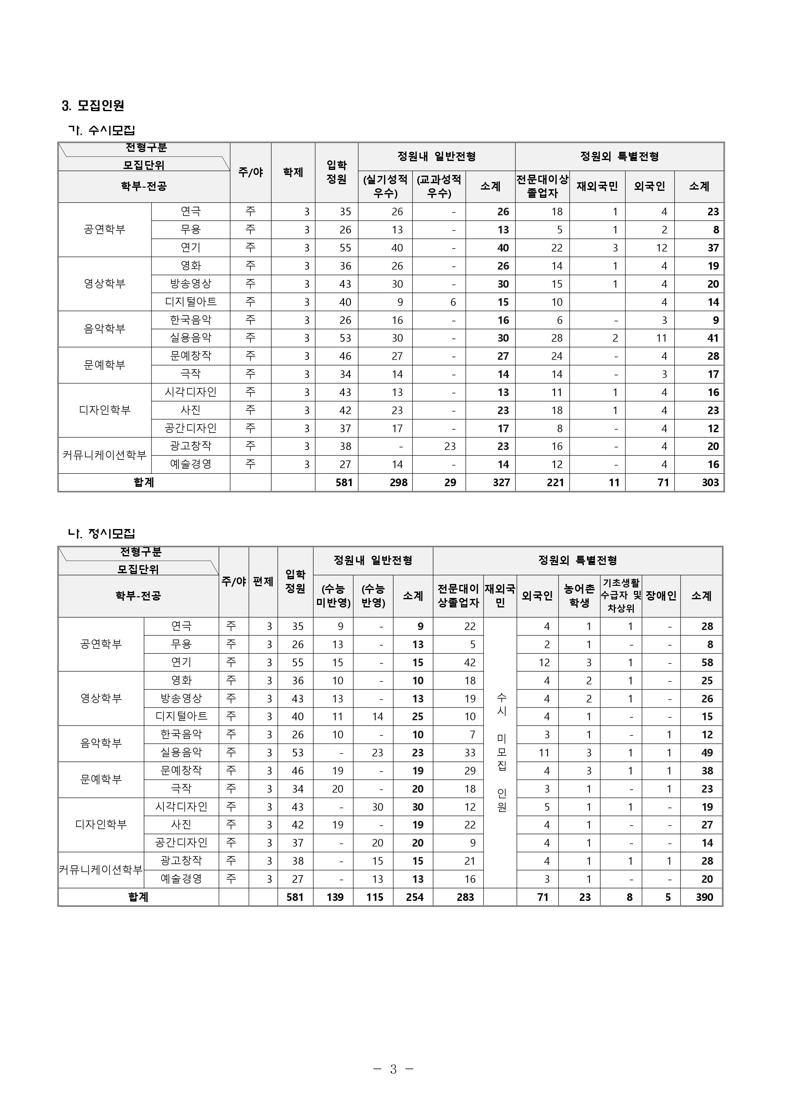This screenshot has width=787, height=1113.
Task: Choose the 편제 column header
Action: tap(263, 581)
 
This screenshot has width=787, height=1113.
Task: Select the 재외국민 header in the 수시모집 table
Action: tap(597, 186)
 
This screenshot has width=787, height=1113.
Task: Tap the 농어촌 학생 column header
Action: tap(579, 595)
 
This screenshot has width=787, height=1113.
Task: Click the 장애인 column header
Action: tap(661, 595)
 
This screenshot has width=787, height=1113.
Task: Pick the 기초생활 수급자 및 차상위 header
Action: tap(621, 595)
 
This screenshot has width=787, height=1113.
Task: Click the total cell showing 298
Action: tap(398, 483)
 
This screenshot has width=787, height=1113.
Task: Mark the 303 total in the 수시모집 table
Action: tap(710, 483)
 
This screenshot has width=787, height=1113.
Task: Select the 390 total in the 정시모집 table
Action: tap(704, 897)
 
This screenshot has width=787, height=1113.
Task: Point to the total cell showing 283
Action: tap(465, 897)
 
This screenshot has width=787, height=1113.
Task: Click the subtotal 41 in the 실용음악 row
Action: tap(712, 338)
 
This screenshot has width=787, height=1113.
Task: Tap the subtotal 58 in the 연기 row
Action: tap(707, 662)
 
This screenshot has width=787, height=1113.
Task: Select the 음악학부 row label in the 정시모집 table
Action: tap(101, 743)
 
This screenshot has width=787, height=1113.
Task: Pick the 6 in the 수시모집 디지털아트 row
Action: tap(453, 302)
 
